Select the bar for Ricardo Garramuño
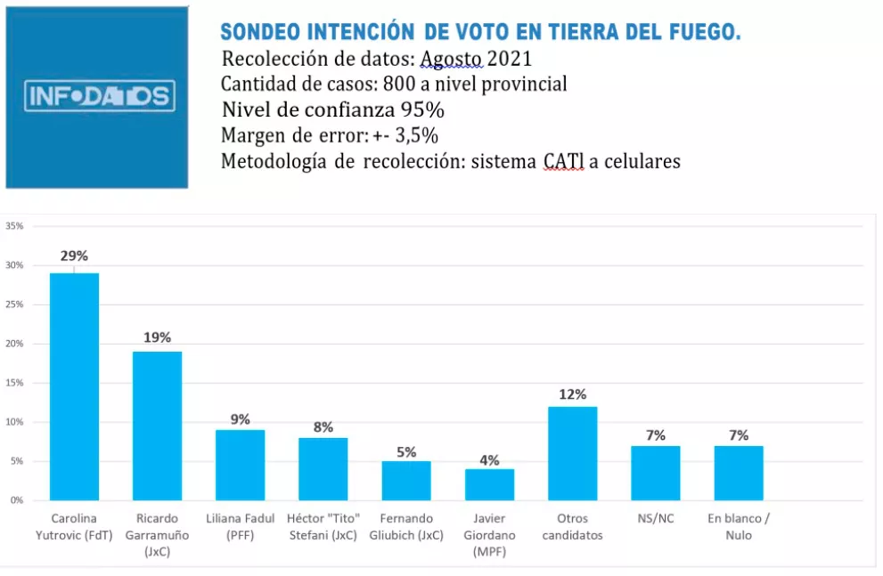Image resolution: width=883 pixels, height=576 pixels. (157, 426)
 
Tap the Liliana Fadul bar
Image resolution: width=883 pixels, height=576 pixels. (240, 465)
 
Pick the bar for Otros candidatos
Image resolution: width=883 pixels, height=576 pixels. (572, 453)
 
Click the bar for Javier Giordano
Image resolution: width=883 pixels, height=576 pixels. (489, 484)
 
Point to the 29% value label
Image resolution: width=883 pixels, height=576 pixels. (74, 256)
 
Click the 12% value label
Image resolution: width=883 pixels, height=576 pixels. (573, 394)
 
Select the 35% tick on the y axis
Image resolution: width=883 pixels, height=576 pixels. (14, 226)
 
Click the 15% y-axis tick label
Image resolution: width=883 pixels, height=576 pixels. (14, 383)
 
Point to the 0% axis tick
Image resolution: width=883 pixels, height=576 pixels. (17, 500)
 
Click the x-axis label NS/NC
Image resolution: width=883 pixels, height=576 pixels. (655, 518)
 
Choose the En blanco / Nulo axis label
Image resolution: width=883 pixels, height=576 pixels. (739, 526)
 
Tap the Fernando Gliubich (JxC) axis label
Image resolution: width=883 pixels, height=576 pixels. (406, 526)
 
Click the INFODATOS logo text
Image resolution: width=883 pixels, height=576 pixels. (100, 96)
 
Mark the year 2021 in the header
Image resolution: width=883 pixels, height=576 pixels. (509, 60)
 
